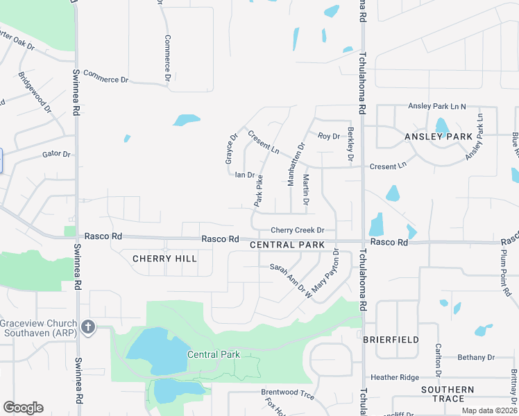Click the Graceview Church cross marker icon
87,326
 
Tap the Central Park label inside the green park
213,354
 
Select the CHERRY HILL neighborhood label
164,259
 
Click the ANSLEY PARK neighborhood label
438,137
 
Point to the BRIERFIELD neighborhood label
391,340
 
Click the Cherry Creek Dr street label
297,230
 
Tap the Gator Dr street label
57,154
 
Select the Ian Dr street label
245,175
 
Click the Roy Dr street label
329,137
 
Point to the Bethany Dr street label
476,358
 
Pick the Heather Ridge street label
394,377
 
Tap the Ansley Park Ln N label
436,106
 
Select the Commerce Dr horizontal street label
105,76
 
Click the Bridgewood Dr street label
35,92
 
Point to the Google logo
23,408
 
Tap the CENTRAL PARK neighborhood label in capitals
287,245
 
